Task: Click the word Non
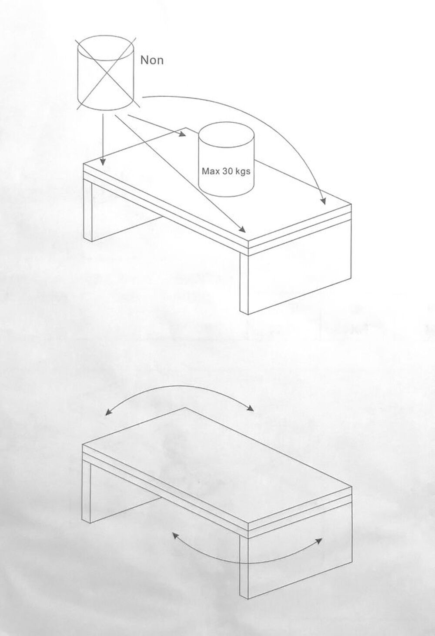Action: coord(152,60)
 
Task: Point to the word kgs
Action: coord(242,172)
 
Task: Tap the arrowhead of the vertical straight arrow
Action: coord(103,162)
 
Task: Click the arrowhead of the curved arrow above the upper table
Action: coord(323,201)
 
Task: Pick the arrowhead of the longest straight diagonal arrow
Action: coord(242,229)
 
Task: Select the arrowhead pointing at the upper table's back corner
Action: coord(182,134)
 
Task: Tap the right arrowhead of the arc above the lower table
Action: coord(250,408)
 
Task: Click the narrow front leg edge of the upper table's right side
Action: coord(244,283)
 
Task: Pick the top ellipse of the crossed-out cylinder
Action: coord(106,48)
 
